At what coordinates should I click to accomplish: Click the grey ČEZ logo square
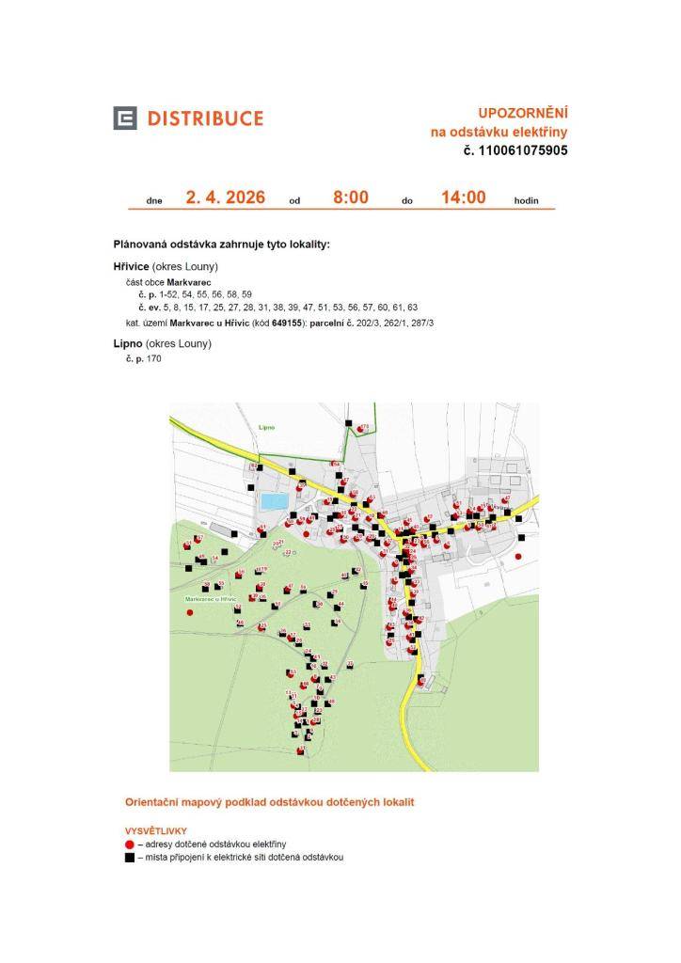pyautogui.click(x=125, y=118)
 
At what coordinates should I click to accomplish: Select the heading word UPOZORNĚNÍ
pyautogui.click(x=522, y=113)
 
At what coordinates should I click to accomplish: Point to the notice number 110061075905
pyautogui.click(x=522, y=150)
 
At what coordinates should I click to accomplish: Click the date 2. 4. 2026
pyautogui.click(x=226, y=197)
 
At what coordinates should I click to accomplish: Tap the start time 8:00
pyautogui.click(x=350, y=197)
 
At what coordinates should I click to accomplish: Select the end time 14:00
pyautogui.click(x=463, y=197)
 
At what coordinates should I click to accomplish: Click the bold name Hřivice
pyautogui.click(x=131, y=267)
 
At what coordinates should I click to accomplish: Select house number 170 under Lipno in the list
pyautogui.click(x=154, y=359)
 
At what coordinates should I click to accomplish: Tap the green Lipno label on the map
pyautogui.click(x=266, y=427)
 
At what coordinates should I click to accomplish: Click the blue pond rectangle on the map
pyautogui.click(x=274, y=501)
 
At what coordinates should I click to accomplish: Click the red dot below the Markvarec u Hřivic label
pyautogui.click(x=190, y=612)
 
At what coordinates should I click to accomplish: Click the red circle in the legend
pyautogui.click(x=130, y=845)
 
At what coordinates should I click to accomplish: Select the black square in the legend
pyautogui.click(x=130, y=858)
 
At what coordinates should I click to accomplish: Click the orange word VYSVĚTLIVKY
pyautogui.click(x=156, y=831)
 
